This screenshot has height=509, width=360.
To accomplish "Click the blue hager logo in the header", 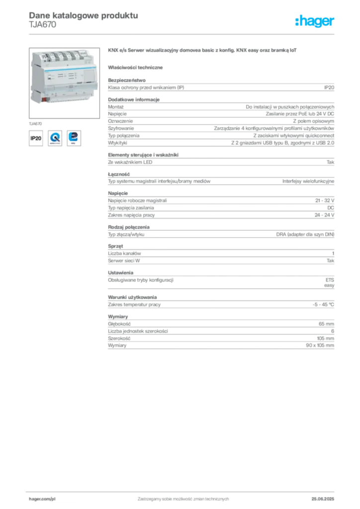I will coord(316,21).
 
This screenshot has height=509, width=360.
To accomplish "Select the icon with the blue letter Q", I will coord(55,138).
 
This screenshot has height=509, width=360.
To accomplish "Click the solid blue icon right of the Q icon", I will coord(75,138).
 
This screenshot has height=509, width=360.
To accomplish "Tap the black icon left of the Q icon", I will coord(35,138).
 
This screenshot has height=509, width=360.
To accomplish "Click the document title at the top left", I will coord(83,15).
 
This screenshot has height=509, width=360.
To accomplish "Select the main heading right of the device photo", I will coord(203,51).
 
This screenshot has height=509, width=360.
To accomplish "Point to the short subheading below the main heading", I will coord(137,67).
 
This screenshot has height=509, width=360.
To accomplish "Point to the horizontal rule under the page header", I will coord(183,34).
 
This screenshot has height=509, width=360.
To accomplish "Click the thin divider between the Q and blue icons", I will coord(65,138).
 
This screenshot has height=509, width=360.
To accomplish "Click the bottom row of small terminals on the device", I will coord(70,96).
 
